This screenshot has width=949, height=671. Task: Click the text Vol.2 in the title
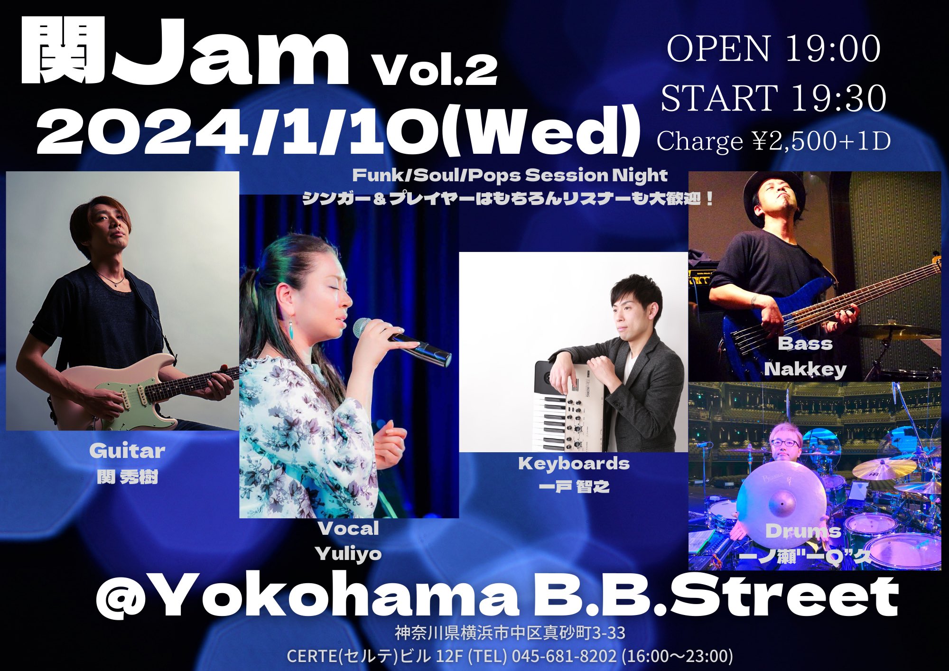(x=436, y=70)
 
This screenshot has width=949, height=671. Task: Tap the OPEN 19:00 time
(x=773, y=48)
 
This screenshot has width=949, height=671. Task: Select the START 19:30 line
(x=773, y=98)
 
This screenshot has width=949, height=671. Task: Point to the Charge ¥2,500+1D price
(x=773, y=141)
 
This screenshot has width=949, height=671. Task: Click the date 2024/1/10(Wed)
(x=338, y=131)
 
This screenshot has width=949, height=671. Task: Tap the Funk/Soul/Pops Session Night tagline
(x=510, y=176)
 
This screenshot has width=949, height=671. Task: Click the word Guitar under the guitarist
(x=127, y=451)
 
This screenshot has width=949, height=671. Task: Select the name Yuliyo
(x=348, y=553)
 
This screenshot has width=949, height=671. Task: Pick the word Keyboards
(x=574, y=463)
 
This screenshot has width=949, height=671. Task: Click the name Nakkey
(x=805, y=369)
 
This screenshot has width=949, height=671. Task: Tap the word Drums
(x=803, y=531)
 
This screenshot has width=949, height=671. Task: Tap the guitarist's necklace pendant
(x=117, y=285)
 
